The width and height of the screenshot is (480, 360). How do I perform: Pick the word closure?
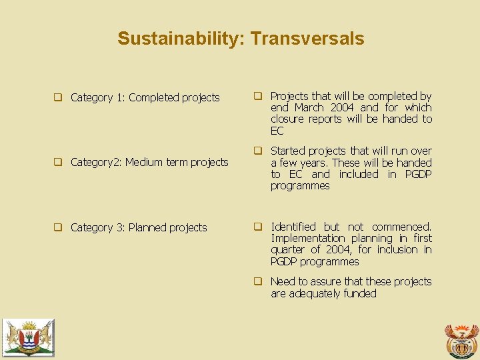tap(287, 119)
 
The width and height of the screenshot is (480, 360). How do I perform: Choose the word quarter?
tap(289, 250)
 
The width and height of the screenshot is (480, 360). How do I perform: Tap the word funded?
tap(359, 293)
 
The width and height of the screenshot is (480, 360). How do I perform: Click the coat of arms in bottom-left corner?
tap(27, 336)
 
